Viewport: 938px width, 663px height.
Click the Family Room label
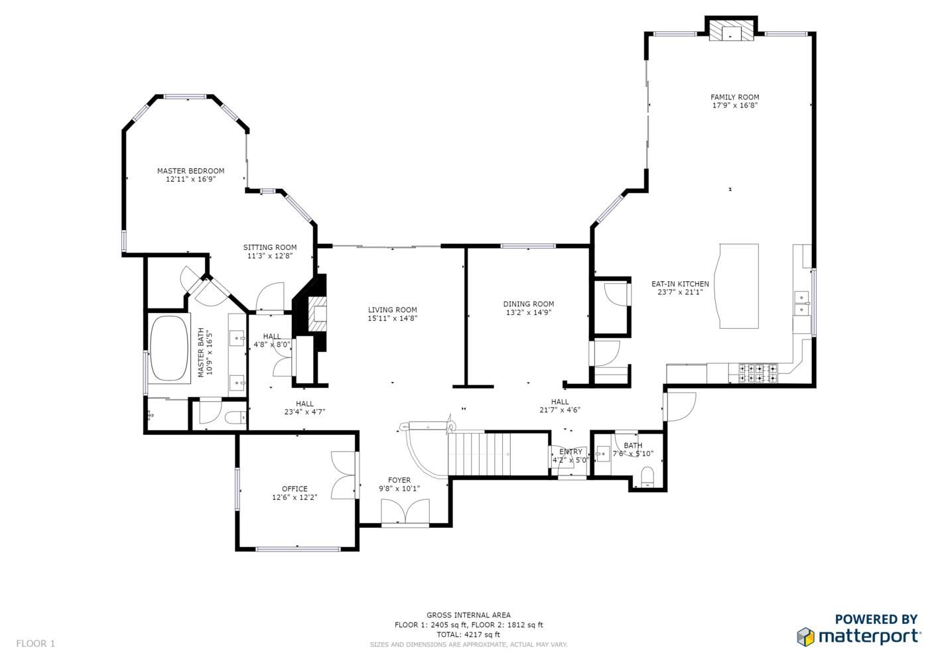pos(734,97)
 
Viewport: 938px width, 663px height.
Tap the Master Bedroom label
pos(190,171)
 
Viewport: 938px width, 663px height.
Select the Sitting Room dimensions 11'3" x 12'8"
pos(270,256)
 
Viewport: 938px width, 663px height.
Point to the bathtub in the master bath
pos(169,348)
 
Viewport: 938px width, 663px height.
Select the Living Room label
pos(392,310)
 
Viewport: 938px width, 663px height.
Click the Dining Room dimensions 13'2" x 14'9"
pos(529,312)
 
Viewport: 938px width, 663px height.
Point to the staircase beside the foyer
pos(498,454)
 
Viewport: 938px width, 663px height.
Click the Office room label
pos(295,489)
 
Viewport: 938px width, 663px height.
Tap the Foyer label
pos(399,480)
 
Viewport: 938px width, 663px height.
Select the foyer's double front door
pos(405,511)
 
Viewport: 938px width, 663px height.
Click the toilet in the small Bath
pos(647,477)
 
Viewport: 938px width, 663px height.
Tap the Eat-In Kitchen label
pos(680,284)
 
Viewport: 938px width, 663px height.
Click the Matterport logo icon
pos(806,637)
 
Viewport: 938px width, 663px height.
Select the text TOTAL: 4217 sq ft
pos(468,634)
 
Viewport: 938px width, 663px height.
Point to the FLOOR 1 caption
pos(36,644)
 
